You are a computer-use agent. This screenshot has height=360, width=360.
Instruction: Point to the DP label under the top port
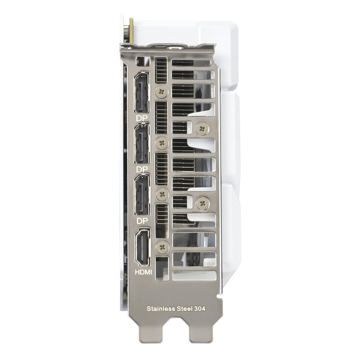point(142,118)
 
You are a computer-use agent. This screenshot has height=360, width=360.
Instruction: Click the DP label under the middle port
point(142,170)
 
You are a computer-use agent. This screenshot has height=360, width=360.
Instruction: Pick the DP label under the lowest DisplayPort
point(142,221)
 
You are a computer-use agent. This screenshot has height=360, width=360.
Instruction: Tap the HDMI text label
point(143,272)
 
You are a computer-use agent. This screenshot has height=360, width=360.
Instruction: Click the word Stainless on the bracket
point(161,309)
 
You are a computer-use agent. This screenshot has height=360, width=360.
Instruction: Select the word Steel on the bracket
point(185,309)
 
